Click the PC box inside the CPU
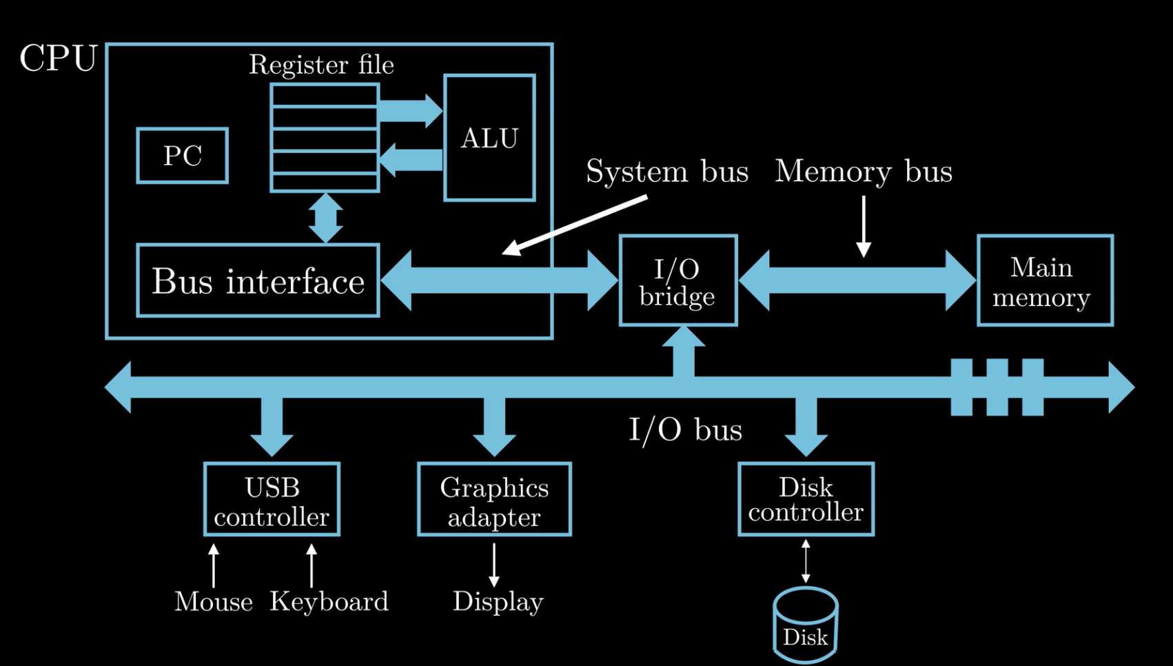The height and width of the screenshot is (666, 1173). pos(183,156)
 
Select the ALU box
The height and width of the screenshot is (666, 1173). pos(490,138)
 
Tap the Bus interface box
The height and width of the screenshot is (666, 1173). pos(258,281)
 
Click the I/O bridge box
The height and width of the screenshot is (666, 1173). pos(677,281)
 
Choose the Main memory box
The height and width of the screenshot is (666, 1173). pos(1045,281)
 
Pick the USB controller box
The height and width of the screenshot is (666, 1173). pos(272,499)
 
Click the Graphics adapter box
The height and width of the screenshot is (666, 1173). pos(494,499)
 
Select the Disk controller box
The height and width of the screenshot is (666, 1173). pos(806,499)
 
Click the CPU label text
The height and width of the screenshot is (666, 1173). pos(59,59)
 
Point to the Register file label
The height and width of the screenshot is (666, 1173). pos(321,65)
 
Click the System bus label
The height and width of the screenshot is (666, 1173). pos(666,171)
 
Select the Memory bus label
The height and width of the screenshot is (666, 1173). pos(864,171)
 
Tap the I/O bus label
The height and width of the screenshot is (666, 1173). pos(686,430)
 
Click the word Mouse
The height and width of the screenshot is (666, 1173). pos(214,601)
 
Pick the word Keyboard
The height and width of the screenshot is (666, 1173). pos(329,601)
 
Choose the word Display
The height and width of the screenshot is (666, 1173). pos(498,601)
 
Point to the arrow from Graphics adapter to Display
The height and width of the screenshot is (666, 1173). pos(494,564)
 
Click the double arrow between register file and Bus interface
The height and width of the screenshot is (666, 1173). pos(325,218)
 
